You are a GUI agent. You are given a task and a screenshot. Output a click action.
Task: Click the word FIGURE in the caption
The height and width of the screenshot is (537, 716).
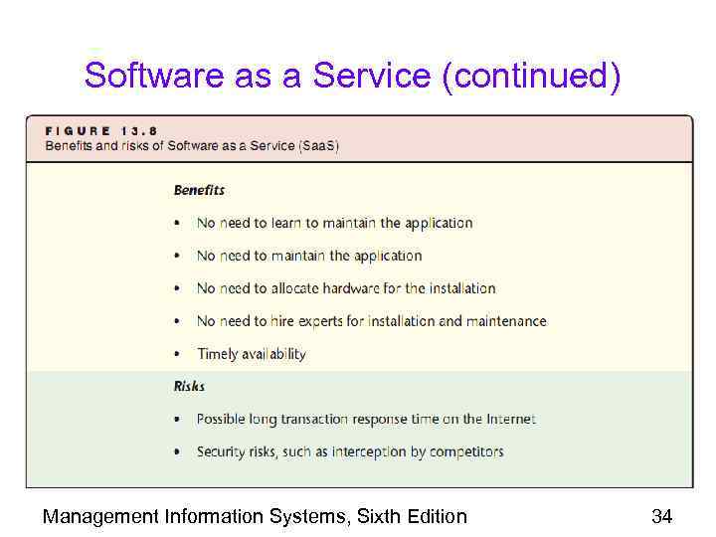point(79,130)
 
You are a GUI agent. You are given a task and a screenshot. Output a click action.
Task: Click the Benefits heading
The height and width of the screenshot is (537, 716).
point(199,190)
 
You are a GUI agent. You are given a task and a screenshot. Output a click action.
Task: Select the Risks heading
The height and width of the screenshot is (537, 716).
point(189,386)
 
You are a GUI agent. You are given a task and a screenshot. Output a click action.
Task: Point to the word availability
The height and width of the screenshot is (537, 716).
point(274,354)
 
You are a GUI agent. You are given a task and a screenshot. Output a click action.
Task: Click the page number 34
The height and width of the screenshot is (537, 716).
point(661,516)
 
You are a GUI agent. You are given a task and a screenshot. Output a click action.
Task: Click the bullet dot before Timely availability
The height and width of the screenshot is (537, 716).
point(177,355)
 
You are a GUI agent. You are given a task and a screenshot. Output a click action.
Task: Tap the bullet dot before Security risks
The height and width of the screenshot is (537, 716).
point(177,452)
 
